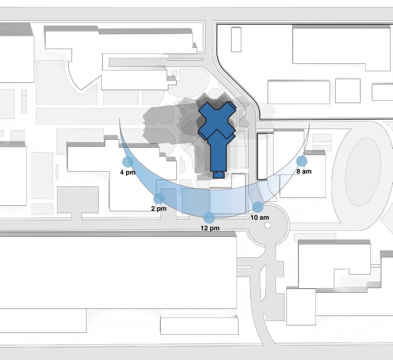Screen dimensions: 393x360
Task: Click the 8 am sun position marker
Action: tap(302, 161)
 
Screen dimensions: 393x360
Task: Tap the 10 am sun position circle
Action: tap(258, 207)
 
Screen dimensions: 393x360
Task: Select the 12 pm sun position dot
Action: tap(209, 218)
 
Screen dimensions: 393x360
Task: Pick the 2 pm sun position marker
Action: tap(159, 198)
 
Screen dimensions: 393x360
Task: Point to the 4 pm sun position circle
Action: tap(128, 161)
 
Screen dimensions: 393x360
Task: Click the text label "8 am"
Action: tap(304, 171)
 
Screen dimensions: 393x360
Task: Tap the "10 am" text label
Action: tap(260, 218)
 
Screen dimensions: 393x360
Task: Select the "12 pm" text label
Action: tap(210, 228)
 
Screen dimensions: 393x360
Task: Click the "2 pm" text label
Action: tap(159, 209)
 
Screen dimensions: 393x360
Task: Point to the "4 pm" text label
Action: tap(128, 172)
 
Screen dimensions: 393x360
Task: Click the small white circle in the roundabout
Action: tap(267, 225)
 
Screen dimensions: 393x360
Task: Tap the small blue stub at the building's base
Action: tap(219, 175)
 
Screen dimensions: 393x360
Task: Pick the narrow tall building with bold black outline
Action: tap(262, 157)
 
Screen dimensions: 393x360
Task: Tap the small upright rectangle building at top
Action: tap(236, 40)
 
